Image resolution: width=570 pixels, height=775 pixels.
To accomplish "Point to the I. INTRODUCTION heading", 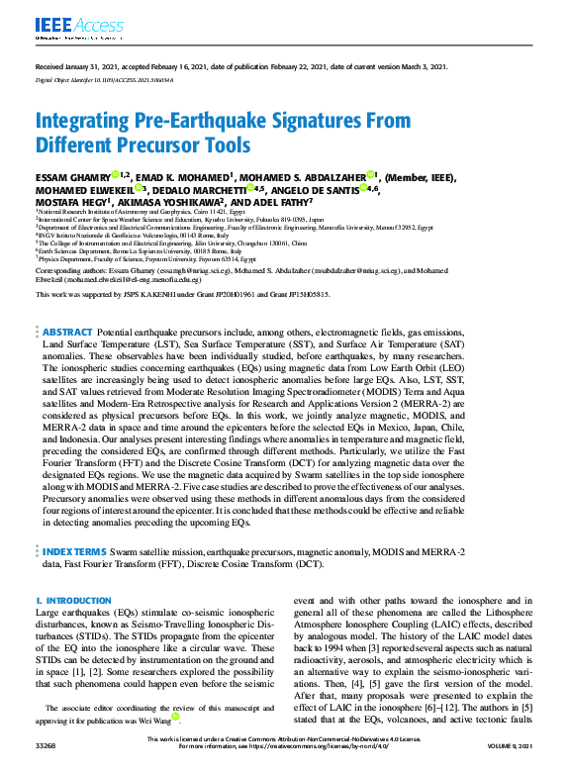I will [67, 601].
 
